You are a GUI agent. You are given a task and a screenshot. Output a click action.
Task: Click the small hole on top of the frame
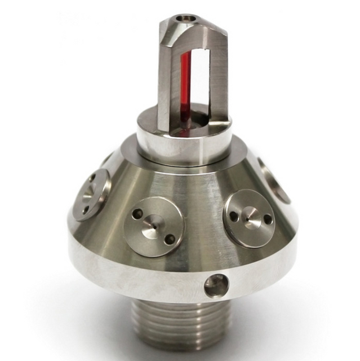click(x=182, y=19)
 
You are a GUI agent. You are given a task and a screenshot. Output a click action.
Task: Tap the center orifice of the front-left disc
click(x=153, y=226)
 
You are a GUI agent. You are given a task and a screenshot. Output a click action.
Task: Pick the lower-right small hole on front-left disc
click(x=169, y=239)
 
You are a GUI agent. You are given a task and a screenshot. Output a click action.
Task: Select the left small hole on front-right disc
click(x=233, y=215)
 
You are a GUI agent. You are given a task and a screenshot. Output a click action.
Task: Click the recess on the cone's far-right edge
click(x=275, y=180)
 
